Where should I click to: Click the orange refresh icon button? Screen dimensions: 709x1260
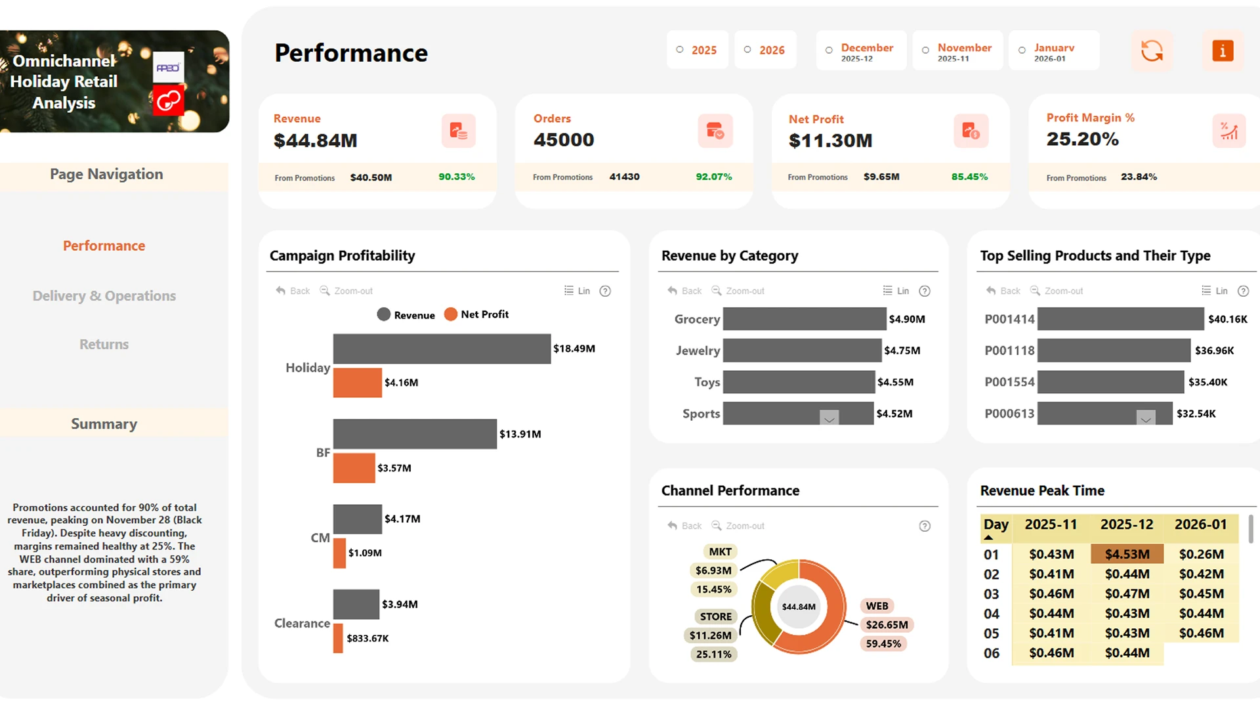click(1152, 51)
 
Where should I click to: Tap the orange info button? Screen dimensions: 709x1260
click(1223, 51)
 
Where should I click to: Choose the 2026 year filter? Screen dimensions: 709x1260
click(765, 51)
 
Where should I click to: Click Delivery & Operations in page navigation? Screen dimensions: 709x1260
click(104, 296)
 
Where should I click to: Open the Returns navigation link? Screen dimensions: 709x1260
click(104, 345)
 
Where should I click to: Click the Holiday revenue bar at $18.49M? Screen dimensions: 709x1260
click(441, 349)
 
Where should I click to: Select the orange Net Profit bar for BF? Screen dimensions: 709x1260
click(354, 468)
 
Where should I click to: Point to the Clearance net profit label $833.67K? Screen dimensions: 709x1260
click(367, 638)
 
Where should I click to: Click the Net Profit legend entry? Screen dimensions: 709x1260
click(477, 314)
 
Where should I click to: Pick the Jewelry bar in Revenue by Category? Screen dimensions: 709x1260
click(801, 351)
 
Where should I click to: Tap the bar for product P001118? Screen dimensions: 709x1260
click(1113, 351)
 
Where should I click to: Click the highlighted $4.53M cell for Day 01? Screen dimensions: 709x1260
click(1127, 554)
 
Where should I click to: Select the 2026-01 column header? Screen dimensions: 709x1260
click(1200, 525)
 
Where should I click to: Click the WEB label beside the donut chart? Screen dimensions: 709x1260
click(877, 606)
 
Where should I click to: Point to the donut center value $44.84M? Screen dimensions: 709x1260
click(799, 607)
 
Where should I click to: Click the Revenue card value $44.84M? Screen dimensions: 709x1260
click(316, 140)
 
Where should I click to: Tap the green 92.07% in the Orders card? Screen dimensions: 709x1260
click(714, 177)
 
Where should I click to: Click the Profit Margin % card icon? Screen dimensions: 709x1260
click(1228, 131)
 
